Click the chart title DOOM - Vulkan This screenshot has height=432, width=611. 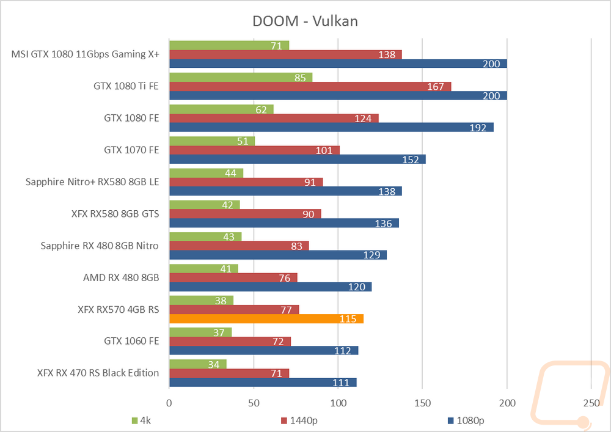pyautogui.click(x=305, y=21)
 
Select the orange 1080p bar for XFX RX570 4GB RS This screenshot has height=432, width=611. pyautogui.click(x=266, y=319)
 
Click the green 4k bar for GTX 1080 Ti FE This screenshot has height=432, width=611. pyautogui.click(x=241, y=78)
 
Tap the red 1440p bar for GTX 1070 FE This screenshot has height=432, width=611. pyautogui.click(x=254, y=150)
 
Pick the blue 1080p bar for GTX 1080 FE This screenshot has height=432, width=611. pyautogui.click(x=331, y=127)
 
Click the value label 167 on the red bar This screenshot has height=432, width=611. pyautogui.click(x=436, y=87)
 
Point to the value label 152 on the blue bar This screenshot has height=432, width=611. pyautogui.click(x=411, y=159)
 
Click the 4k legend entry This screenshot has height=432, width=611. pyautogui.click(x=144, y=420)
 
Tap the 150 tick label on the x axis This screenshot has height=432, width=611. pyautogui.click(x=422, y=403)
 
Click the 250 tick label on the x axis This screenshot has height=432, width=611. pyautogui.click(x=591, y=403)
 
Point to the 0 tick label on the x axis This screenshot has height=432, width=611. pyautogui.click(x=169, y=403)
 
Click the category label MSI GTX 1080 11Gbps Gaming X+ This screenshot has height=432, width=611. pyautogui.click(x=86, y=54)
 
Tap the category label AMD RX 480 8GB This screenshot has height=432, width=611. pyautogui.click(x=121, y=277)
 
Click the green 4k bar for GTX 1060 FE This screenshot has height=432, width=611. pyautogui.click(x=200, y=332)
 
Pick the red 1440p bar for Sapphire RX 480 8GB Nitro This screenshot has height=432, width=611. pyautogui.click(x=239, y=246)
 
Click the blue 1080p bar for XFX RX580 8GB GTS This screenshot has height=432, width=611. pyautogui.click(x=284, y=223)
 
